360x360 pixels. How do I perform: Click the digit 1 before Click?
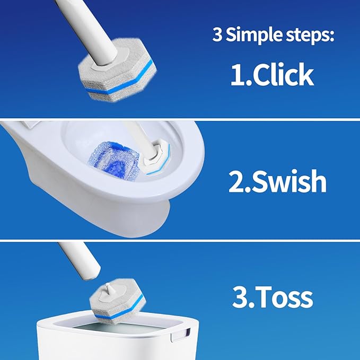click(237, 75)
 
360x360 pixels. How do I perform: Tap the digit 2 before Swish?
click(237, 181)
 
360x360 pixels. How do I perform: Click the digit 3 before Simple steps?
click(217, 36)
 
